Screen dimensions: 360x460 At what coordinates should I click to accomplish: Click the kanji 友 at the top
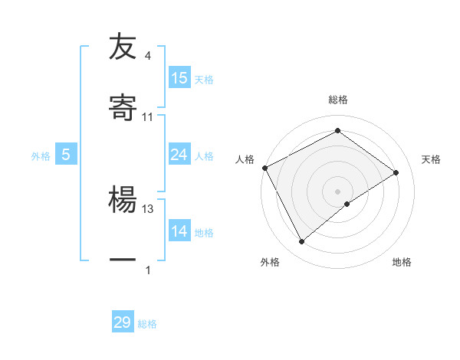123,47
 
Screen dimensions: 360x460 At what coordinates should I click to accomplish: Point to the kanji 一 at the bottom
123,260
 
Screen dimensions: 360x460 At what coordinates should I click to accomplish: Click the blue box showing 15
179,78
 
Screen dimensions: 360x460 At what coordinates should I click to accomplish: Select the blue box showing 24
179,155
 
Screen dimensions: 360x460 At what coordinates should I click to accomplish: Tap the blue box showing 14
179,231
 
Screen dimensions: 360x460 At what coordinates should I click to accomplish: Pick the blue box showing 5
66,155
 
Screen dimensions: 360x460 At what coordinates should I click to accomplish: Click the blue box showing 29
123,322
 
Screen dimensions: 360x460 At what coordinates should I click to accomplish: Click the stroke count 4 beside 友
148,56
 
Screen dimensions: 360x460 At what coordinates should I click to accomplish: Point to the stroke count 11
148,117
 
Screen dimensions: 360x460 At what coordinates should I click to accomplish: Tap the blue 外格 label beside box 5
41,155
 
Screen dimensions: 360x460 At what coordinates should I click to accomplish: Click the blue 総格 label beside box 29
147,324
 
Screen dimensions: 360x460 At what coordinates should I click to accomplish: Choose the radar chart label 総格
338,100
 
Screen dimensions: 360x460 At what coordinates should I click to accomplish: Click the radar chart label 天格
431,159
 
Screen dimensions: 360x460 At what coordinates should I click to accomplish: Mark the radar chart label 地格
402,262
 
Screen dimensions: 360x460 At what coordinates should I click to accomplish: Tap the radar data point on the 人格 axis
264,168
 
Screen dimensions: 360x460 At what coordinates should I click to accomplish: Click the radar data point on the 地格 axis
347,204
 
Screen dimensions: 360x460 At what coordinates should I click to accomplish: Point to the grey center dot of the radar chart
338,191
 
